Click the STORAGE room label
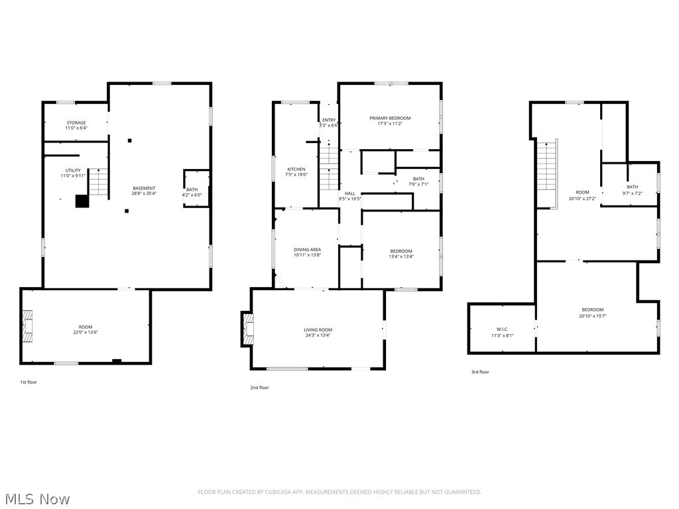coord(76,123)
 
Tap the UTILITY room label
coord(72,170)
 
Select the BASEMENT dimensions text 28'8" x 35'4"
coord(144,194)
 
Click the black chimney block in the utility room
coord(82,201)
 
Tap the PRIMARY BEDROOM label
coord(390,118)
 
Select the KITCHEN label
coord(296,169)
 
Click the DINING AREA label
coord(307,250)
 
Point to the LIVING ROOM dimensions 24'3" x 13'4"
coord(318,335)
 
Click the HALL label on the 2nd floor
coord(349,193)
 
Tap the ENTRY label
coord(328,120)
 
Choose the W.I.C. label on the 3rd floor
coord(501,329)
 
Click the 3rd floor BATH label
coord(632,187)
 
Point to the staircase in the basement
coord(97,182)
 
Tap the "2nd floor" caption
coord(259,388)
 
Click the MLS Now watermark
coord(36,498)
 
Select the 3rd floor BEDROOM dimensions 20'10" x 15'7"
coord(592,315)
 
